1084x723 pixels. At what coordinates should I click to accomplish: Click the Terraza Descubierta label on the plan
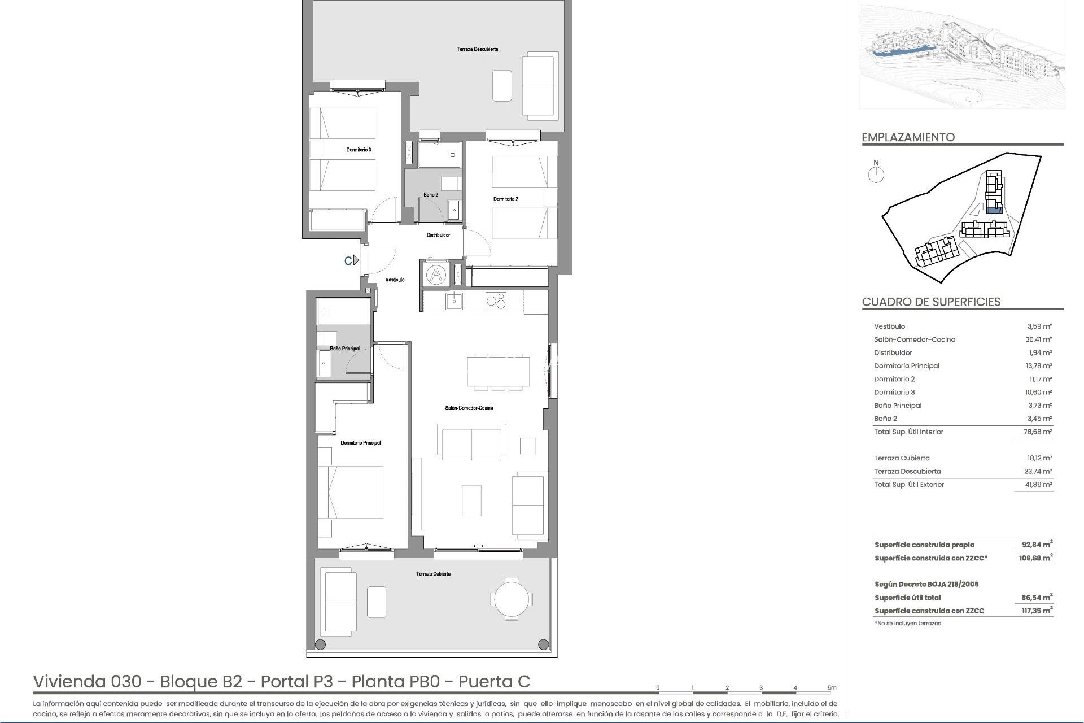(x=477, y=49)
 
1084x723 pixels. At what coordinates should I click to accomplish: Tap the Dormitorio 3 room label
(x=359, y=150)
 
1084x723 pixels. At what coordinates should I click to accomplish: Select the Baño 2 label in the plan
(x=431, y=195)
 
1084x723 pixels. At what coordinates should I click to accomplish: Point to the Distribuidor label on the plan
(x=438, y=235)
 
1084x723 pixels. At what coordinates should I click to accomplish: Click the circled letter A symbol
(x=436, y=276)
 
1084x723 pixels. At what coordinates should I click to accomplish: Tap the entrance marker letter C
(x=349, y=260)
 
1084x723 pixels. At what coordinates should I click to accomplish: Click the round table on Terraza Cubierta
(x=511, y=601)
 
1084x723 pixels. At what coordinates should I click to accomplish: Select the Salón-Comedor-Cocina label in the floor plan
(x=469, y=408)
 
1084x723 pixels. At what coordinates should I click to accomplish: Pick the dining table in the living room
(x=498, y=371)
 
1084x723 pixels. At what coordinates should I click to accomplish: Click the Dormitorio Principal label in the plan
(x=360, y=443)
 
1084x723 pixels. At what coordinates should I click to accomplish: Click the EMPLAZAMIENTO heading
(x=908, y=137)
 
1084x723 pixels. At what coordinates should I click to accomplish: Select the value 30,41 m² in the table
(x=1039, y=339)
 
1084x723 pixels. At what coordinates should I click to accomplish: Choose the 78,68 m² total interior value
(x=1039, y=432)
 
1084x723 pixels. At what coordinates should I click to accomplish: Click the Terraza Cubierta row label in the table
(x=902, y=458)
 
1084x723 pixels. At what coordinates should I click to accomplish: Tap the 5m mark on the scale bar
(x=832, y=687)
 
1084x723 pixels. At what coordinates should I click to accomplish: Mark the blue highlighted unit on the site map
(x=993, y=210)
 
